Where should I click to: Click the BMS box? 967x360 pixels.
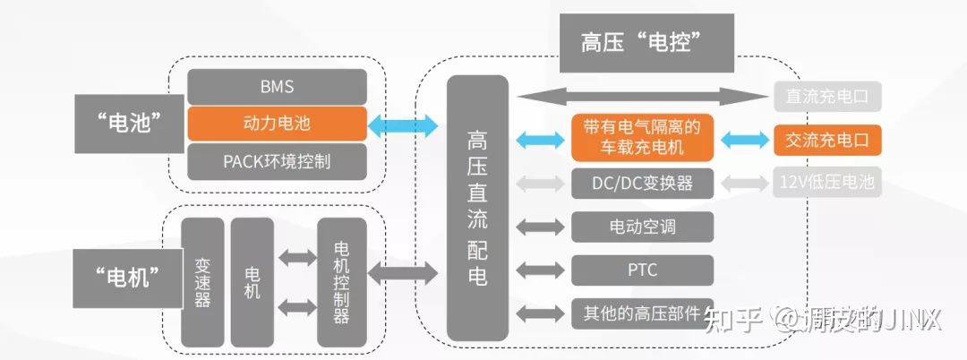(x=277, y=87)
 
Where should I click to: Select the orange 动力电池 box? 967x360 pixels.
(x=277, y=124)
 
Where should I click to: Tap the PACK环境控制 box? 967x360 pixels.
(x=277, y=161)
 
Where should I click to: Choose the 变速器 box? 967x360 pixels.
(x=202, y=281)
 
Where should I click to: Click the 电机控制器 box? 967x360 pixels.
(x=342, y=281)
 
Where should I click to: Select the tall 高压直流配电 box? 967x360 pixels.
(x=477, y=207)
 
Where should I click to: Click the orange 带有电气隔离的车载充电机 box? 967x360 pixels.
(x=642, y=137)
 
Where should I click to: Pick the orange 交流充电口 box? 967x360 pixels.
(x=827, y=139)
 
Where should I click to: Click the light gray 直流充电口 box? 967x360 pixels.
(x=827, y=96)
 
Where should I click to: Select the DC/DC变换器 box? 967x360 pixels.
(x=642, y=184)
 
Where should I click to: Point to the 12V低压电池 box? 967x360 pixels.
(x=827, y=184)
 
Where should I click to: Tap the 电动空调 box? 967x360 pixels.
(x=642, y=227)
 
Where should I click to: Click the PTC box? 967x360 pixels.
(x=642, y=270)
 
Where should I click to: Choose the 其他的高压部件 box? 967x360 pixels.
(x=642, y=313)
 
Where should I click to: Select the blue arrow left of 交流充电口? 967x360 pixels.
(x=743, y=139)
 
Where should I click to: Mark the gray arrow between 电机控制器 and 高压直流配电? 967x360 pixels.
(x=406, y=272)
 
